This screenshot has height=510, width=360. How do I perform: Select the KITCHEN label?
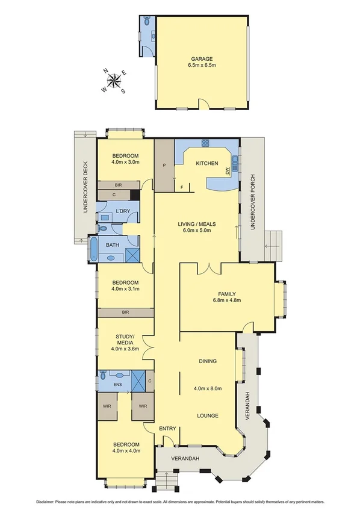coord(206,163)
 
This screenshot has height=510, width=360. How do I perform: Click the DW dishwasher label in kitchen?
coord(227,172)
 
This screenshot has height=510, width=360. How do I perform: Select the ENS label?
coord(117,384)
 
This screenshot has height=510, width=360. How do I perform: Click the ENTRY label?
coord(167,428)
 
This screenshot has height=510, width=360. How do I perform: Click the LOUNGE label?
coord(208,415)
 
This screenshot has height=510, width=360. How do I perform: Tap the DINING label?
coord(208,361)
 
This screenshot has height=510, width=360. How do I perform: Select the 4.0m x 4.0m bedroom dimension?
coord(125,450)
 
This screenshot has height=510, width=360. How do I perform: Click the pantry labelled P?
coord(163,164)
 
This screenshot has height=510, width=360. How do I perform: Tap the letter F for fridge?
coord(182,187)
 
